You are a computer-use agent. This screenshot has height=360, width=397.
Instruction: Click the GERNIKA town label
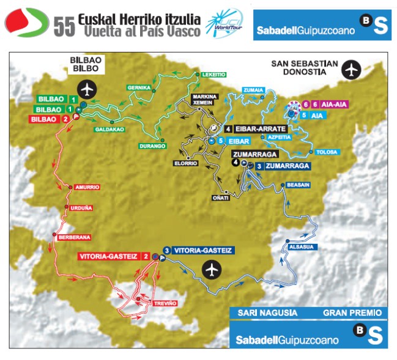138,88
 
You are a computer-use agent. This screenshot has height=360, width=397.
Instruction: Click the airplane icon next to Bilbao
89,90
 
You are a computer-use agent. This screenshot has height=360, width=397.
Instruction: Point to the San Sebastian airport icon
351,70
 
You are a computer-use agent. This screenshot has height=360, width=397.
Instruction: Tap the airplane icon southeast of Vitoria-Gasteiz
212,268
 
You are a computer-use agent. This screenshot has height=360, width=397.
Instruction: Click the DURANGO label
152,146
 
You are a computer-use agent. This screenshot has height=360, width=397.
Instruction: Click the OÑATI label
220,197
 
